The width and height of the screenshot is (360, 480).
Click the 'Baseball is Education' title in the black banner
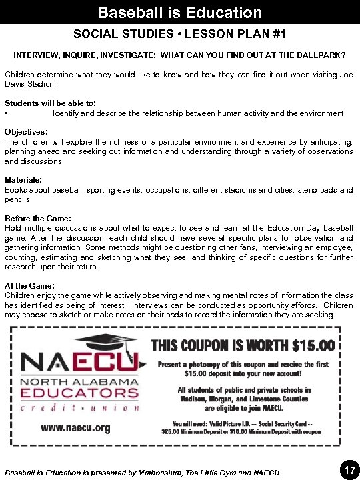[179, 13]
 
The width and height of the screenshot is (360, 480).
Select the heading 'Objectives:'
[26, 132]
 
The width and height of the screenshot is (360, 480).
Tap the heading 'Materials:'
[23, 180]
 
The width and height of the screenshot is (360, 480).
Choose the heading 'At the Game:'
[29, 286]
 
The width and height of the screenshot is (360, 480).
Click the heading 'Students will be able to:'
[51, 103]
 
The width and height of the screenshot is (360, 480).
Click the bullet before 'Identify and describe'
[7, 113]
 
